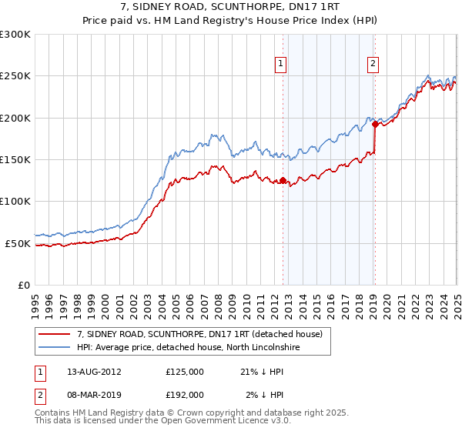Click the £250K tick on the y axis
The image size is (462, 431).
(x=15, y=76)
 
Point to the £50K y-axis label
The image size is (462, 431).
(x=18, y=243)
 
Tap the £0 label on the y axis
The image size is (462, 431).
(x=25, y=285)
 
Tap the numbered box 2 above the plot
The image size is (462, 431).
(x=373, y=64)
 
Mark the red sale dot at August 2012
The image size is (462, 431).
(x=283, y=181)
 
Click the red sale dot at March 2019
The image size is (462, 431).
(x=375, y=124)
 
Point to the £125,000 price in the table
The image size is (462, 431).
(x=185, y=372)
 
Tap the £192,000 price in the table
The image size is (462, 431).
(x=185, y=394)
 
